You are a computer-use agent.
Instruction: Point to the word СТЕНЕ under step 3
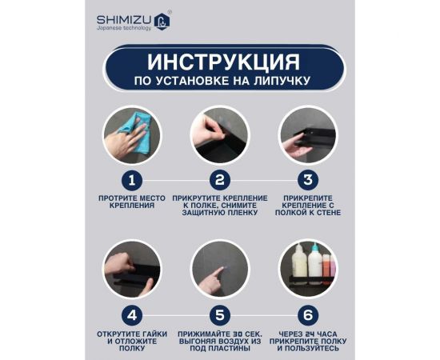pos(326,212)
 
